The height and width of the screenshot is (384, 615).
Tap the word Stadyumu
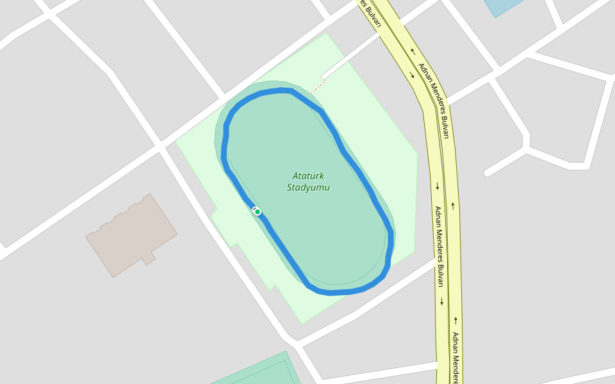click(x=307, y=188)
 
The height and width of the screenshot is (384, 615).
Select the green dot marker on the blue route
click(x=258, y=211)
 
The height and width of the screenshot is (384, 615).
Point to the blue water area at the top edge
click(x=502, y=6)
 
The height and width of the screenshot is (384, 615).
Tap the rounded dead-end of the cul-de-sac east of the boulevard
click(x=488, y=173)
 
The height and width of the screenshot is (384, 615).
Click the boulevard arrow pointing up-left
click(x=413, y=52)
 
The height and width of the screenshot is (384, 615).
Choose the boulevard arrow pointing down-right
click(x=412, y=75)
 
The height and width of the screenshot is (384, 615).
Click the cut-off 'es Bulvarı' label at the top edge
click(x=370, y=13)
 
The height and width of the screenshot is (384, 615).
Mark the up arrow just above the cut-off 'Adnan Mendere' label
click(x=455, y=319)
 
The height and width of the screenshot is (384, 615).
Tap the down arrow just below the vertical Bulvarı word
click(x=441, y=301)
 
